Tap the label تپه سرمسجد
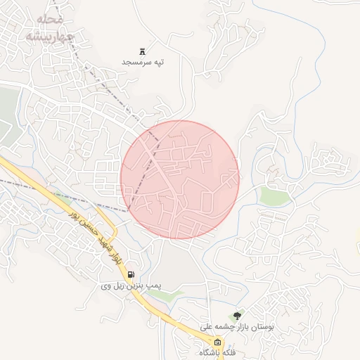coord(143,63)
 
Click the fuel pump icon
coord(131,275)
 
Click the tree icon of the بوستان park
coord(236,316)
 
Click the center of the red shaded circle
coord(180,179)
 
